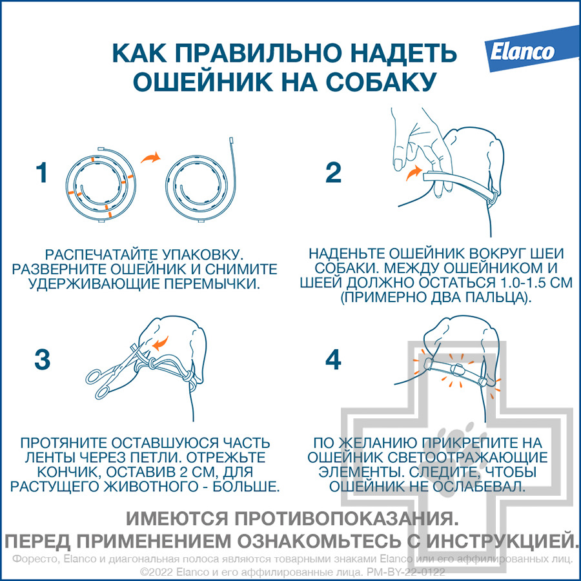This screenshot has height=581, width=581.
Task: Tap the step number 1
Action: click(x=42, y=172)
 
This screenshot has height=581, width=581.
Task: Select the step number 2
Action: click(x=332, y=172)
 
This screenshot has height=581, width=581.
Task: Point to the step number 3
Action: click(x=42, y=360)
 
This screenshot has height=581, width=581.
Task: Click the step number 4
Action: click(x=333, y=360)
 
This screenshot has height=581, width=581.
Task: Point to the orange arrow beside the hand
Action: click(x=414, y=172)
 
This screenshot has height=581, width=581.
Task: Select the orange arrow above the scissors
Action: click(x=161, y=343)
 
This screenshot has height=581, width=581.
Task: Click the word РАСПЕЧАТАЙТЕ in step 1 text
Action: click(x=101, y=254)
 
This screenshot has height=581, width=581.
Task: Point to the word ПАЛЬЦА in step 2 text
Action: click(x=491, y=297)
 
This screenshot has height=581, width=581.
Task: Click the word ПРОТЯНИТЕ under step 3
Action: click(x=64, y=443)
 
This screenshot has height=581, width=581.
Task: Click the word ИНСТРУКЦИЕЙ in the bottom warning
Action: click(x=502, y=542)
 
